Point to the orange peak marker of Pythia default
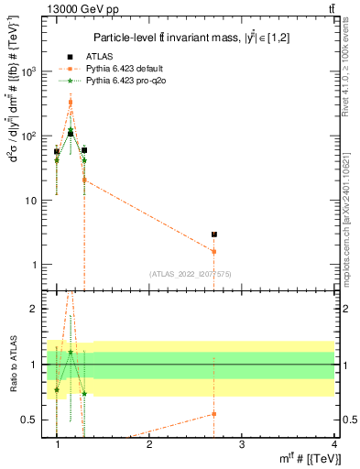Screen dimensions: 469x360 pyautogui.click(x=71, y=103)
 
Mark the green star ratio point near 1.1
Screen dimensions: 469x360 pyautogui.click(x=71, y=353)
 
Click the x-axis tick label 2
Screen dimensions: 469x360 pyautogui.click(x=150, y=443)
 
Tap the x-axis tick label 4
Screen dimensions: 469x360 pyautogui.click(x=334, y=443)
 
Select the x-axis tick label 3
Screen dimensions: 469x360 pyautogui.click(x=242, y=443)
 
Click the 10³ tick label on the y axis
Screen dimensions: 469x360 pyautogui.click(x=29, y=71)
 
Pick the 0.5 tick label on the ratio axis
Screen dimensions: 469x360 pyautogui.click(x=31, y=420)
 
